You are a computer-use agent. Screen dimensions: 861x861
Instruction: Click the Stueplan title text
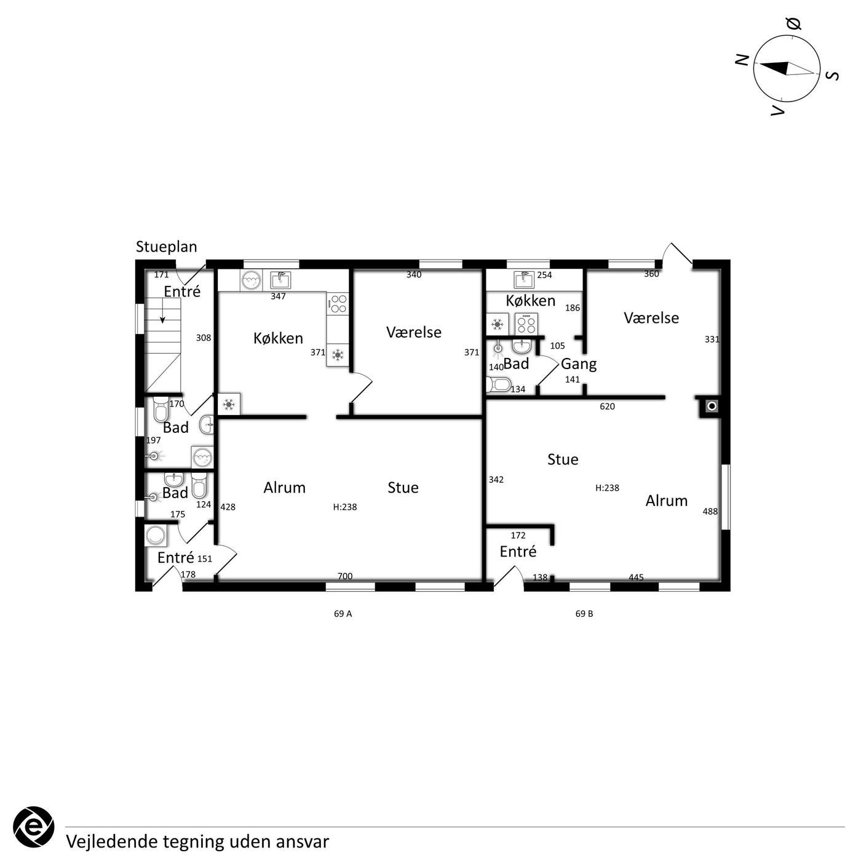[166, 247]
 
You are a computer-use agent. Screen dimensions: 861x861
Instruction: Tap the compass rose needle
[787, 69]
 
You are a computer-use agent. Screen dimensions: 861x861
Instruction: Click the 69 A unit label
[343, 614]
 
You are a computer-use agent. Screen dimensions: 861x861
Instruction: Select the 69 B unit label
[584, 614]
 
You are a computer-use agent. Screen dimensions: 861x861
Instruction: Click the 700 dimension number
[345, 576]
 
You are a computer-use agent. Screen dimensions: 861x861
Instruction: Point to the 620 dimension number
[607, 406]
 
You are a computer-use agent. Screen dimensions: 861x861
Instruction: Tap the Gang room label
[579, 364]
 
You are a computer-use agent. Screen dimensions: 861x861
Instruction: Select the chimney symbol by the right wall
[712, 406]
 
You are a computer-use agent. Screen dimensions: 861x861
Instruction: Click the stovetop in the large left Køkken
[338, 303]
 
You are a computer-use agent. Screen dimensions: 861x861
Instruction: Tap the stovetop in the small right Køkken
[527, 323]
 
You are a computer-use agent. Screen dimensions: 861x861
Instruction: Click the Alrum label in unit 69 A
[284, 488]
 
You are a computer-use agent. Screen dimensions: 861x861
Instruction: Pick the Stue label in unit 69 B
[563, 459]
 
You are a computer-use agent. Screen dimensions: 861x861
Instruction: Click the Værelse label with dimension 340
[414, 332]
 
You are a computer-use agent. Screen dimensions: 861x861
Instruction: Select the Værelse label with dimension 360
[651, 318]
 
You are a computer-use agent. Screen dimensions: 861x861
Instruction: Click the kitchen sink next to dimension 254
[525, 280]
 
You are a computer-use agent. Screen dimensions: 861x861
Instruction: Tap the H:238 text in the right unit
[607, 488]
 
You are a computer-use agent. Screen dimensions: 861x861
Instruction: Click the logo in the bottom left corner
[33, 827]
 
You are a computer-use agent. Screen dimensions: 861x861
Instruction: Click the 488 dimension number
[710, 511]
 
